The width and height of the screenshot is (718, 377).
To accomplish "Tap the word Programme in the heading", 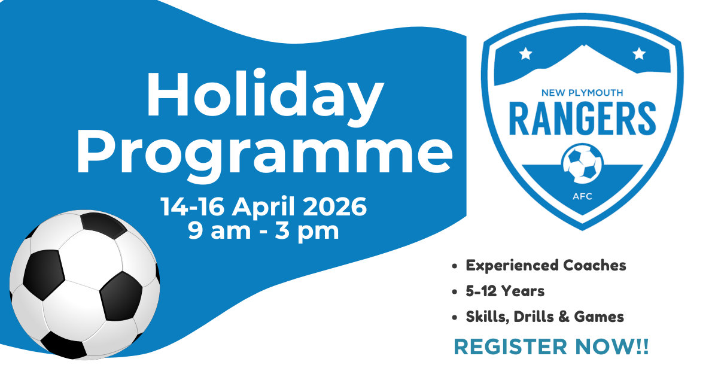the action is [x=264, y=156].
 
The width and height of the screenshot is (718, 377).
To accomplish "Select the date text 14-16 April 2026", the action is [x=263, y=207].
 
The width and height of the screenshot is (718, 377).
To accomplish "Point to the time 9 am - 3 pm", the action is [x=263, y=232].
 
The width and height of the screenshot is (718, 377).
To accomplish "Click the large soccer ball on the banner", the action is [x=84, y=285].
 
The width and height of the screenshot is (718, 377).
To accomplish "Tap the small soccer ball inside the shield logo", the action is [x=582, y=163].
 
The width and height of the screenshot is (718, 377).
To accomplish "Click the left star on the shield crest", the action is [x=526, y=53].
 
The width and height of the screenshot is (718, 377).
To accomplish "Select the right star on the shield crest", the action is [x=639, y=53].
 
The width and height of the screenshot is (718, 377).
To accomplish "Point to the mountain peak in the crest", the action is [x=583, y=45].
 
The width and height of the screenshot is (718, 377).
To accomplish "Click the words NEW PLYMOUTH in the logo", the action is [x=582, y=93].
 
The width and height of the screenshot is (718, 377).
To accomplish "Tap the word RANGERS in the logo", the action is [x=582, y=118].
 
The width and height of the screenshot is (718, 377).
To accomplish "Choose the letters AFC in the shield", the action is [x=582, y=196].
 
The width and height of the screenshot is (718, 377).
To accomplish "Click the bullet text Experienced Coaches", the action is [x=546, y=266].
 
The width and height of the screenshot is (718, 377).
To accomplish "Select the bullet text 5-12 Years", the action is [x=505, y=291].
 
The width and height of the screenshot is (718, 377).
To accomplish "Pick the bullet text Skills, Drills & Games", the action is [x=545, y=317].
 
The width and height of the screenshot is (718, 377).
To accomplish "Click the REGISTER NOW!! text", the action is [x=551, y=347].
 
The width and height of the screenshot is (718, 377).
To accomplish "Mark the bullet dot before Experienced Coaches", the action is [x=454, y=266].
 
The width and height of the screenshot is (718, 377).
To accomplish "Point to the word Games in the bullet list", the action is [x=599, y=317].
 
